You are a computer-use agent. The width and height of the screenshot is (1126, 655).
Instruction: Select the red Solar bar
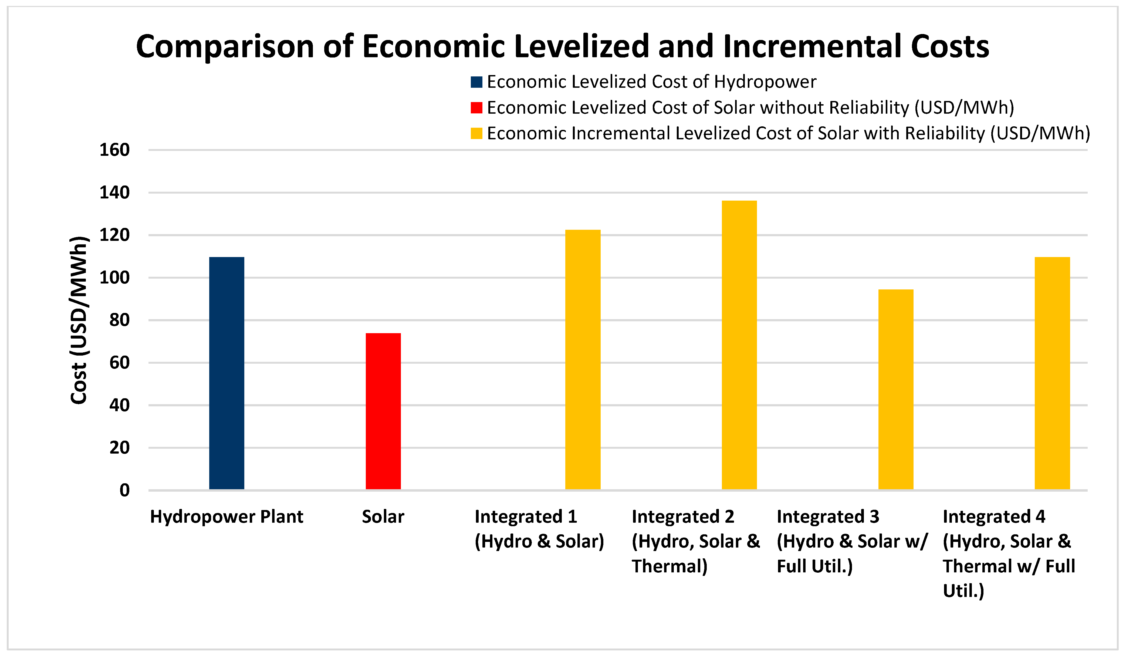coord(383,411)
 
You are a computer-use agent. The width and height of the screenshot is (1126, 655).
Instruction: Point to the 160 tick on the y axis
coord(114,150)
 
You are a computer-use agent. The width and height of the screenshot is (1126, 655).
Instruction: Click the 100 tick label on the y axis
coord(114,278)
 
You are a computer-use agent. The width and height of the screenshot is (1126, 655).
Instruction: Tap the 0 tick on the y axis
coord(125,491)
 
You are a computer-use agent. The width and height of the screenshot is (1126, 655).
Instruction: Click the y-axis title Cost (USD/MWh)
coord(79,320)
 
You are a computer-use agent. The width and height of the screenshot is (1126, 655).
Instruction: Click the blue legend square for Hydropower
coord(476,82)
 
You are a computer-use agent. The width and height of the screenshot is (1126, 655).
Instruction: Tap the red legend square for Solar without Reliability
coord(476,108)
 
